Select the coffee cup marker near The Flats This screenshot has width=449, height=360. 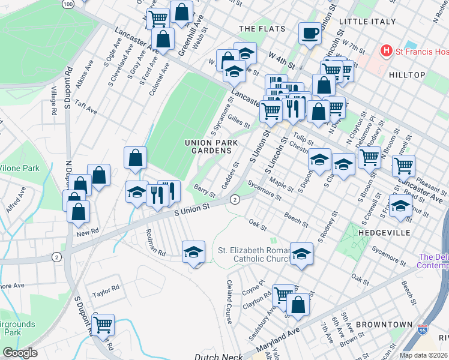tap(310, 34)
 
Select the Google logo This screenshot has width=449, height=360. tap(20, 353)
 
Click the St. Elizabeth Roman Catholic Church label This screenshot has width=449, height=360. tap(253, 254)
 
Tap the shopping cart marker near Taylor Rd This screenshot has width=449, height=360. tap(103, 325)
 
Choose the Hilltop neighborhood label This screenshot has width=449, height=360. tap(406, 75)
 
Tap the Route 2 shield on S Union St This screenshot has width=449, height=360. tap(235, 199)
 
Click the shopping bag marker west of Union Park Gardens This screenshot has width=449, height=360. tap(136, 158)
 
